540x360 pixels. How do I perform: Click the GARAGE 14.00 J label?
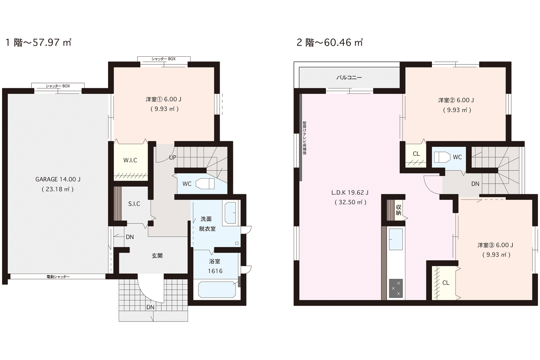pos(58,179)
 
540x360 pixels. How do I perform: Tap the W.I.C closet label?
pos(130,160)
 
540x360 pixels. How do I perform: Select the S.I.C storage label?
pos(134,204)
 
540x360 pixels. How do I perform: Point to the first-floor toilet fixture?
pos(205,184)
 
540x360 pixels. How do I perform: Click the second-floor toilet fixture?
pos(442,157)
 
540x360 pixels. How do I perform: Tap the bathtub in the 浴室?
pos(217,289)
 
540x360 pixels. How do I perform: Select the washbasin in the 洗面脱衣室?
pos(230,213)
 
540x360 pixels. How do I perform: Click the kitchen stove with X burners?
pos(396,288)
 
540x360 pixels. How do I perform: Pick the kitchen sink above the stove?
pos(396,239)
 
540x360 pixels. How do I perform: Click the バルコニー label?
pos(349,78)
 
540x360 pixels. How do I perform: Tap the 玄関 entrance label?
pos(157,256)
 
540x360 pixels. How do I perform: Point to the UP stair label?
pos(172,158)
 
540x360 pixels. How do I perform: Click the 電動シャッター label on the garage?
pos(58,277)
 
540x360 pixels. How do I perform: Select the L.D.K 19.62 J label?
pos(350,193)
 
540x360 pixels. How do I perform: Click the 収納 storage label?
pos(398,210)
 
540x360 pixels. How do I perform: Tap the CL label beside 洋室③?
pos(446,283)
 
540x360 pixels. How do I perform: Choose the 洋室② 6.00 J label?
pos(456,100)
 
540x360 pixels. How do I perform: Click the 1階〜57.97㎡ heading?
pos(38,43)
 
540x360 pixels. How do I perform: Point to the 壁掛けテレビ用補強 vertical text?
pos(304,138)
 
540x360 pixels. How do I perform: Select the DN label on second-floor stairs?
pos(476,184)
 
